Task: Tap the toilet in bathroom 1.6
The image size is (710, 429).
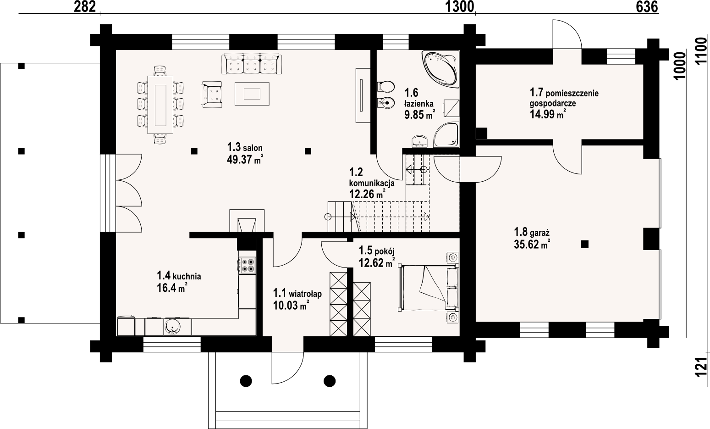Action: [386, 86]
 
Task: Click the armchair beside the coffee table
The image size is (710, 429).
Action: [211, 94]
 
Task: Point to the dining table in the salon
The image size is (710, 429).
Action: [160, 105]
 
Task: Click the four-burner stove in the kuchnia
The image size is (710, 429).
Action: [248, 265]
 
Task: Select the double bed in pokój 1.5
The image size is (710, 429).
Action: [429, 288]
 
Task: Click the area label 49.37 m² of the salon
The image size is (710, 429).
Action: [245, 160]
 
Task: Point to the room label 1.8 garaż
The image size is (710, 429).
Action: [531, 233]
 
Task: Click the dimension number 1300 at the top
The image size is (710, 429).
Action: [459, 7]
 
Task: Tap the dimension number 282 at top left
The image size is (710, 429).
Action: [85, 7]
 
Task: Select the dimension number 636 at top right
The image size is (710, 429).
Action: [647, 7]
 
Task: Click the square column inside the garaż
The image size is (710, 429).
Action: [584, 244]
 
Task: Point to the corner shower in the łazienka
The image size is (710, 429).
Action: [446, 135]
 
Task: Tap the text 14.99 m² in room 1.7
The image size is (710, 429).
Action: [548, 114]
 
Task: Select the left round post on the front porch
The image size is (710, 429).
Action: [246, 381]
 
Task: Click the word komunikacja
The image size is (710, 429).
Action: [371, 183]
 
